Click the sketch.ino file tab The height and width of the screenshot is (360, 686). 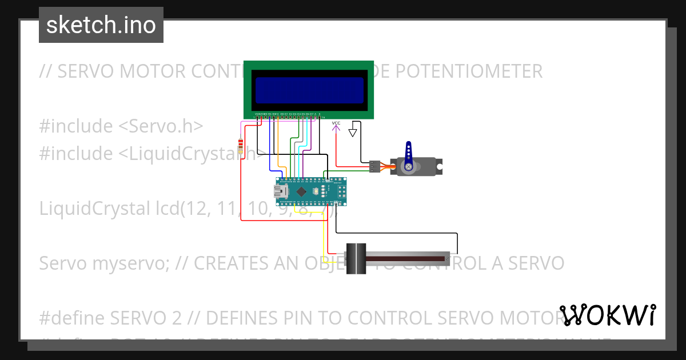[101, 25]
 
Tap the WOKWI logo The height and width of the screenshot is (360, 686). [608, 315]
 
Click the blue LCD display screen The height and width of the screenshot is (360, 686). [309, 90]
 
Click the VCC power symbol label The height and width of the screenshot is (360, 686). [336, 123]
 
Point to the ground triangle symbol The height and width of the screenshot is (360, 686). [353, 133]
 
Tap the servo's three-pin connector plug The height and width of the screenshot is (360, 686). [374, 166]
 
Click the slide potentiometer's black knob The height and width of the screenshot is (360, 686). [356, 259]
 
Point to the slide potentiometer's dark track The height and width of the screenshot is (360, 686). [406, 259]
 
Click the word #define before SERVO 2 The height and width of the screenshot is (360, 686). [72, 317]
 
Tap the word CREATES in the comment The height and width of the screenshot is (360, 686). [231, 263]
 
